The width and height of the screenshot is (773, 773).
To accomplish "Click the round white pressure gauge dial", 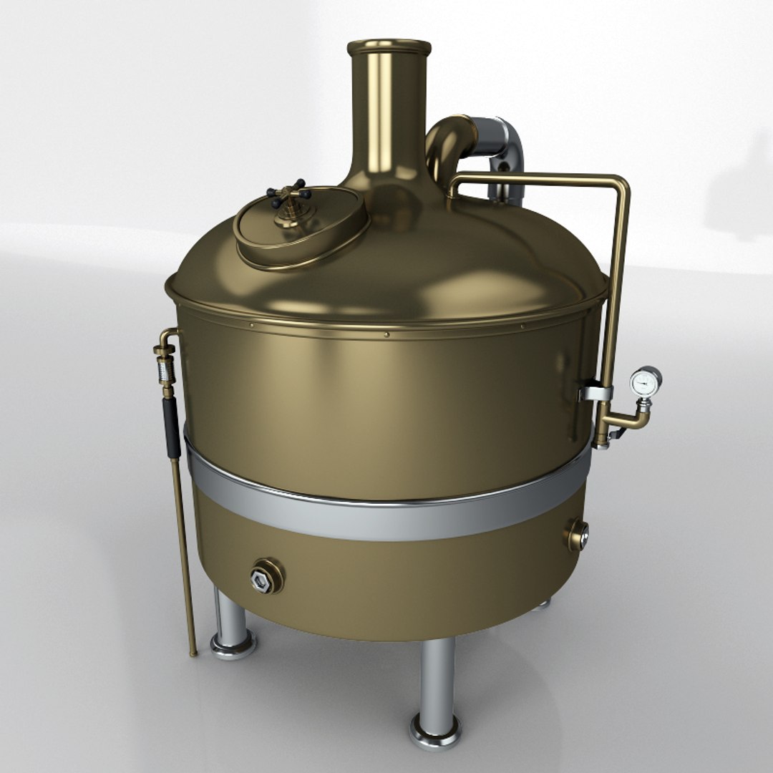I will tap(646, 380).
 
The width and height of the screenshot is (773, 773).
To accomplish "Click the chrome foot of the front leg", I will tap(435, 730).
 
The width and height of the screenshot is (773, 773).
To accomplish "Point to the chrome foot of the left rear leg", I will tap(233, 643).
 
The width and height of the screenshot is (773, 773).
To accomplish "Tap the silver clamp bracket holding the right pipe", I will tap(596, 393).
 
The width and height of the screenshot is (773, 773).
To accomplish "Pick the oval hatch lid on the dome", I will tap(301, 226).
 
